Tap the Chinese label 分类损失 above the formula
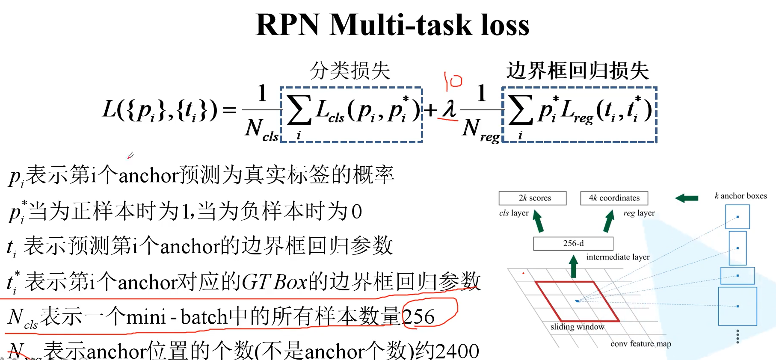click(350, 71)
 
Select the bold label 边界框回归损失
click(578, 71)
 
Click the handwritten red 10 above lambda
click(453, 80)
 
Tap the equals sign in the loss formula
click(230, 110)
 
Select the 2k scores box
click(533, 198)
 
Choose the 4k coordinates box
click(614, 198)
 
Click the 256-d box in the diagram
click(573, 243)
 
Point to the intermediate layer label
click(618, 257)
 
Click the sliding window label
click(577, 327)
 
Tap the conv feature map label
click(640, 344)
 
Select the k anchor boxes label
click(740, 196)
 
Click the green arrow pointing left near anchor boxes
click(687, 198)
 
